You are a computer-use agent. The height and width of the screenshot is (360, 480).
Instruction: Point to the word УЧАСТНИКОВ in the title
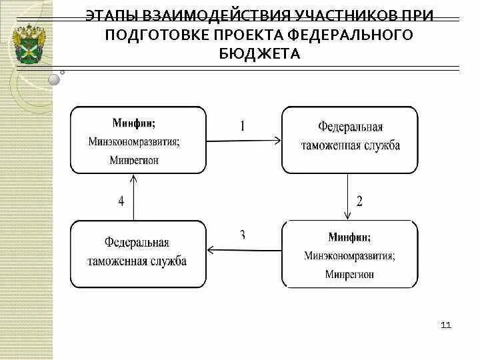(x=335, y=15)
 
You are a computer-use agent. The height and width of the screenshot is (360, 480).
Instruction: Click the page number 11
(x=446, y=325)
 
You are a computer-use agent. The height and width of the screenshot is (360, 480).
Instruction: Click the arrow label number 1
(x=243, y=125)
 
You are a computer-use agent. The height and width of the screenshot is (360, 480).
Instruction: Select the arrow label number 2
(x=359, y=201)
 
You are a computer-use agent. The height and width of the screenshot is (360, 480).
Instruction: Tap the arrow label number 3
(x=243, y=234)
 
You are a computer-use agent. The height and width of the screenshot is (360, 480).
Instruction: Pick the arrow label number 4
(x=121, y=201)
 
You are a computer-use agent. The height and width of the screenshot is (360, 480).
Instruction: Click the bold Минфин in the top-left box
(x=134, y=123)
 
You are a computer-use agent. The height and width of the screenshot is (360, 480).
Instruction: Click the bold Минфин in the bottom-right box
(x=349, y=237)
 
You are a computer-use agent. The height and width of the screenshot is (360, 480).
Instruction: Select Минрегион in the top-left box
(x=134, y=160)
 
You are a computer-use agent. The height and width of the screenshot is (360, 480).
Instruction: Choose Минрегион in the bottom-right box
(x=349, y=274)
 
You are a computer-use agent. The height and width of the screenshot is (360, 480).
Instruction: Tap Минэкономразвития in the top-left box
(x=134, y=141)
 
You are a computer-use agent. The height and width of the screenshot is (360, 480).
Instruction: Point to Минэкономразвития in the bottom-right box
(x=349, y=255)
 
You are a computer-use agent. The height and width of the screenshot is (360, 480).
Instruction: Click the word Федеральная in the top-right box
(x=349, y=127)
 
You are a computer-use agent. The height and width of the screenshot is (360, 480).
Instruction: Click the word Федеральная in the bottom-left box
(x=137, y=242)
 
